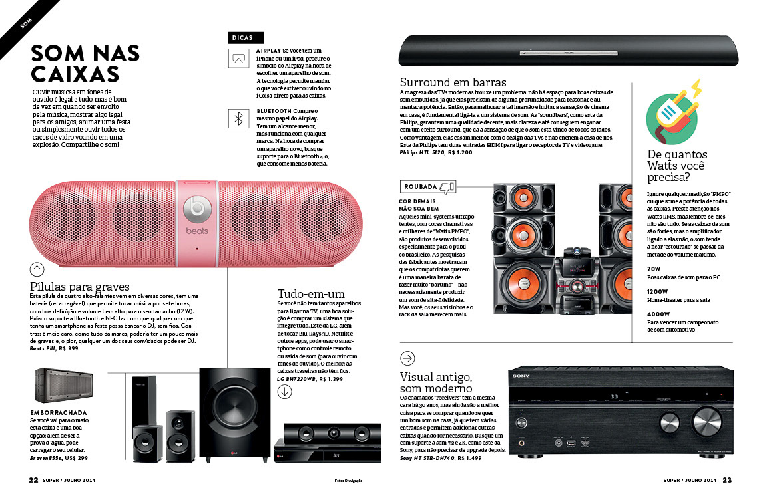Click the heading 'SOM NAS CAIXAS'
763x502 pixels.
[85, 63]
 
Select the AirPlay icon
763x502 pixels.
[238, 59]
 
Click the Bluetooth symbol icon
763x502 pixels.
[238, 118]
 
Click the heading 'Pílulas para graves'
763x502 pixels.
[79, 286]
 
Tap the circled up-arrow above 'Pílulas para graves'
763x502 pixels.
[37, 269]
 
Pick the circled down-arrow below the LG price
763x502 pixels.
[284, 391]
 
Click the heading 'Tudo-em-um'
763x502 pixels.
[310, 293]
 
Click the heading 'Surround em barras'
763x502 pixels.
[453, 82]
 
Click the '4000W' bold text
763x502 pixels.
[658, 314]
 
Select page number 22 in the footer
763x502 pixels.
[33, 480]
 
